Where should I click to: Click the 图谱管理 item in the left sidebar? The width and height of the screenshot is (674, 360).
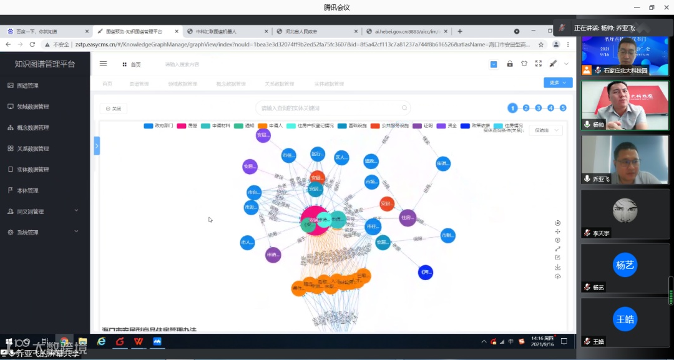27,85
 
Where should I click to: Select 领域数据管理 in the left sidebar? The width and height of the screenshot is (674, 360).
32,107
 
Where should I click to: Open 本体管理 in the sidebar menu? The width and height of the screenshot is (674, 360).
27,190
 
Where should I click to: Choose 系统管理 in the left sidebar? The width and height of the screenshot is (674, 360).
27,232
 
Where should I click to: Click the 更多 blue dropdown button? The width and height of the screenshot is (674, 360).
557,82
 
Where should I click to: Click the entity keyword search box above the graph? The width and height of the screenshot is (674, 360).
333,108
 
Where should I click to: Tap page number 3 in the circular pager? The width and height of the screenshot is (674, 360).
538,108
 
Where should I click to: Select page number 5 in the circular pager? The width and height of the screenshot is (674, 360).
563,108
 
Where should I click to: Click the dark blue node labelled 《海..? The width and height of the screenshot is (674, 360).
426,272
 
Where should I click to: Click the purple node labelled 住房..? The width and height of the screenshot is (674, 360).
408,218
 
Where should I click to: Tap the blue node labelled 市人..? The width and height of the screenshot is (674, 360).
247,242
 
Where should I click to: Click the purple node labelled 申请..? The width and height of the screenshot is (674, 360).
273,255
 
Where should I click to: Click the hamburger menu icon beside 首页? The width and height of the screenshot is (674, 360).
104,64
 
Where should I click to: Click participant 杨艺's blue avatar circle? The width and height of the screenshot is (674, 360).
625,265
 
